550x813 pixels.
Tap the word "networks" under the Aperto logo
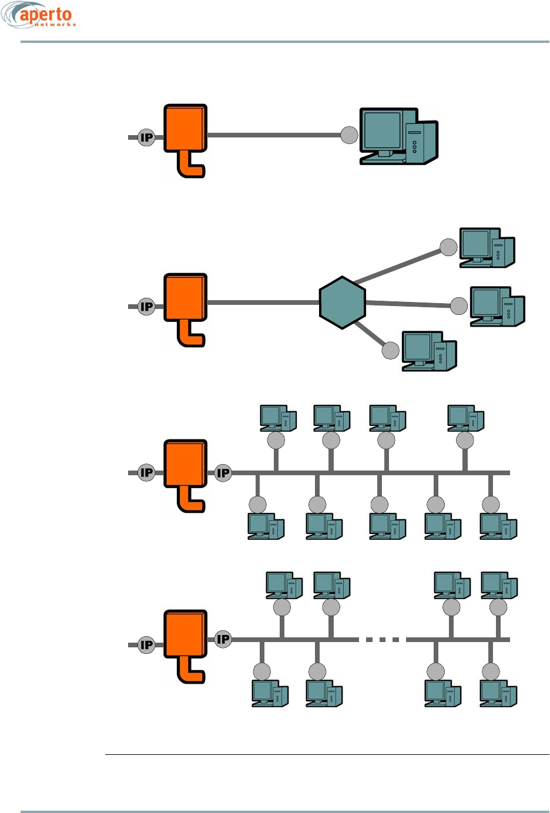55,25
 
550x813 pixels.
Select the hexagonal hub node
342,303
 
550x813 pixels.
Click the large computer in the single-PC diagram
398,136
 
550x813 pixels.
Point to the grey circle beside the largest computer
349,135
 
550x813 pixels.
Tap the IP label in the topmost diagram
146,137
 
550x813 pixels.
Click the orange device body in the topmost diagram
185,127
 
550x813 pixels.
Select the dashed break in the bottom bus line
382,640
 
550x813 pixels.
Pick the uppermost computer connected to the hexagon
487,247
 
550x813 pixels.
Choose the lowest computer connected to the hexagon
429,351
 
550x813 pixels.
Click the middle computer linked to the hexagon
497,306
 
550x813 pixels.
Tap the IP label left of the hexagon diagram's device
146,307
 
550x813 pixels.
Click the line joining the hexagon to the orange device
263,303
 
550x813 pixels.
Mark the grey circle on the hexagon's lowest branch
390,351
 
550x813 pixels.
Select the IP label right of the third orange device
223,473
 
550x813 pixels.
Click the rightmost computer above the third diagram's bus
465,418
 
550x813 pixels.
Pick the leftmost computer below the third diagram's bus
266,526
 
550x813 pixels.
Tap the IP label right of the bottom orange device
223,639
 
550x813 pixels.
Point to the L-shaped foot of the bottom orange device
190,670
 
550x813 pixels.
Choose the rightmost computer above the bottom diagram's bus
499,585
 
